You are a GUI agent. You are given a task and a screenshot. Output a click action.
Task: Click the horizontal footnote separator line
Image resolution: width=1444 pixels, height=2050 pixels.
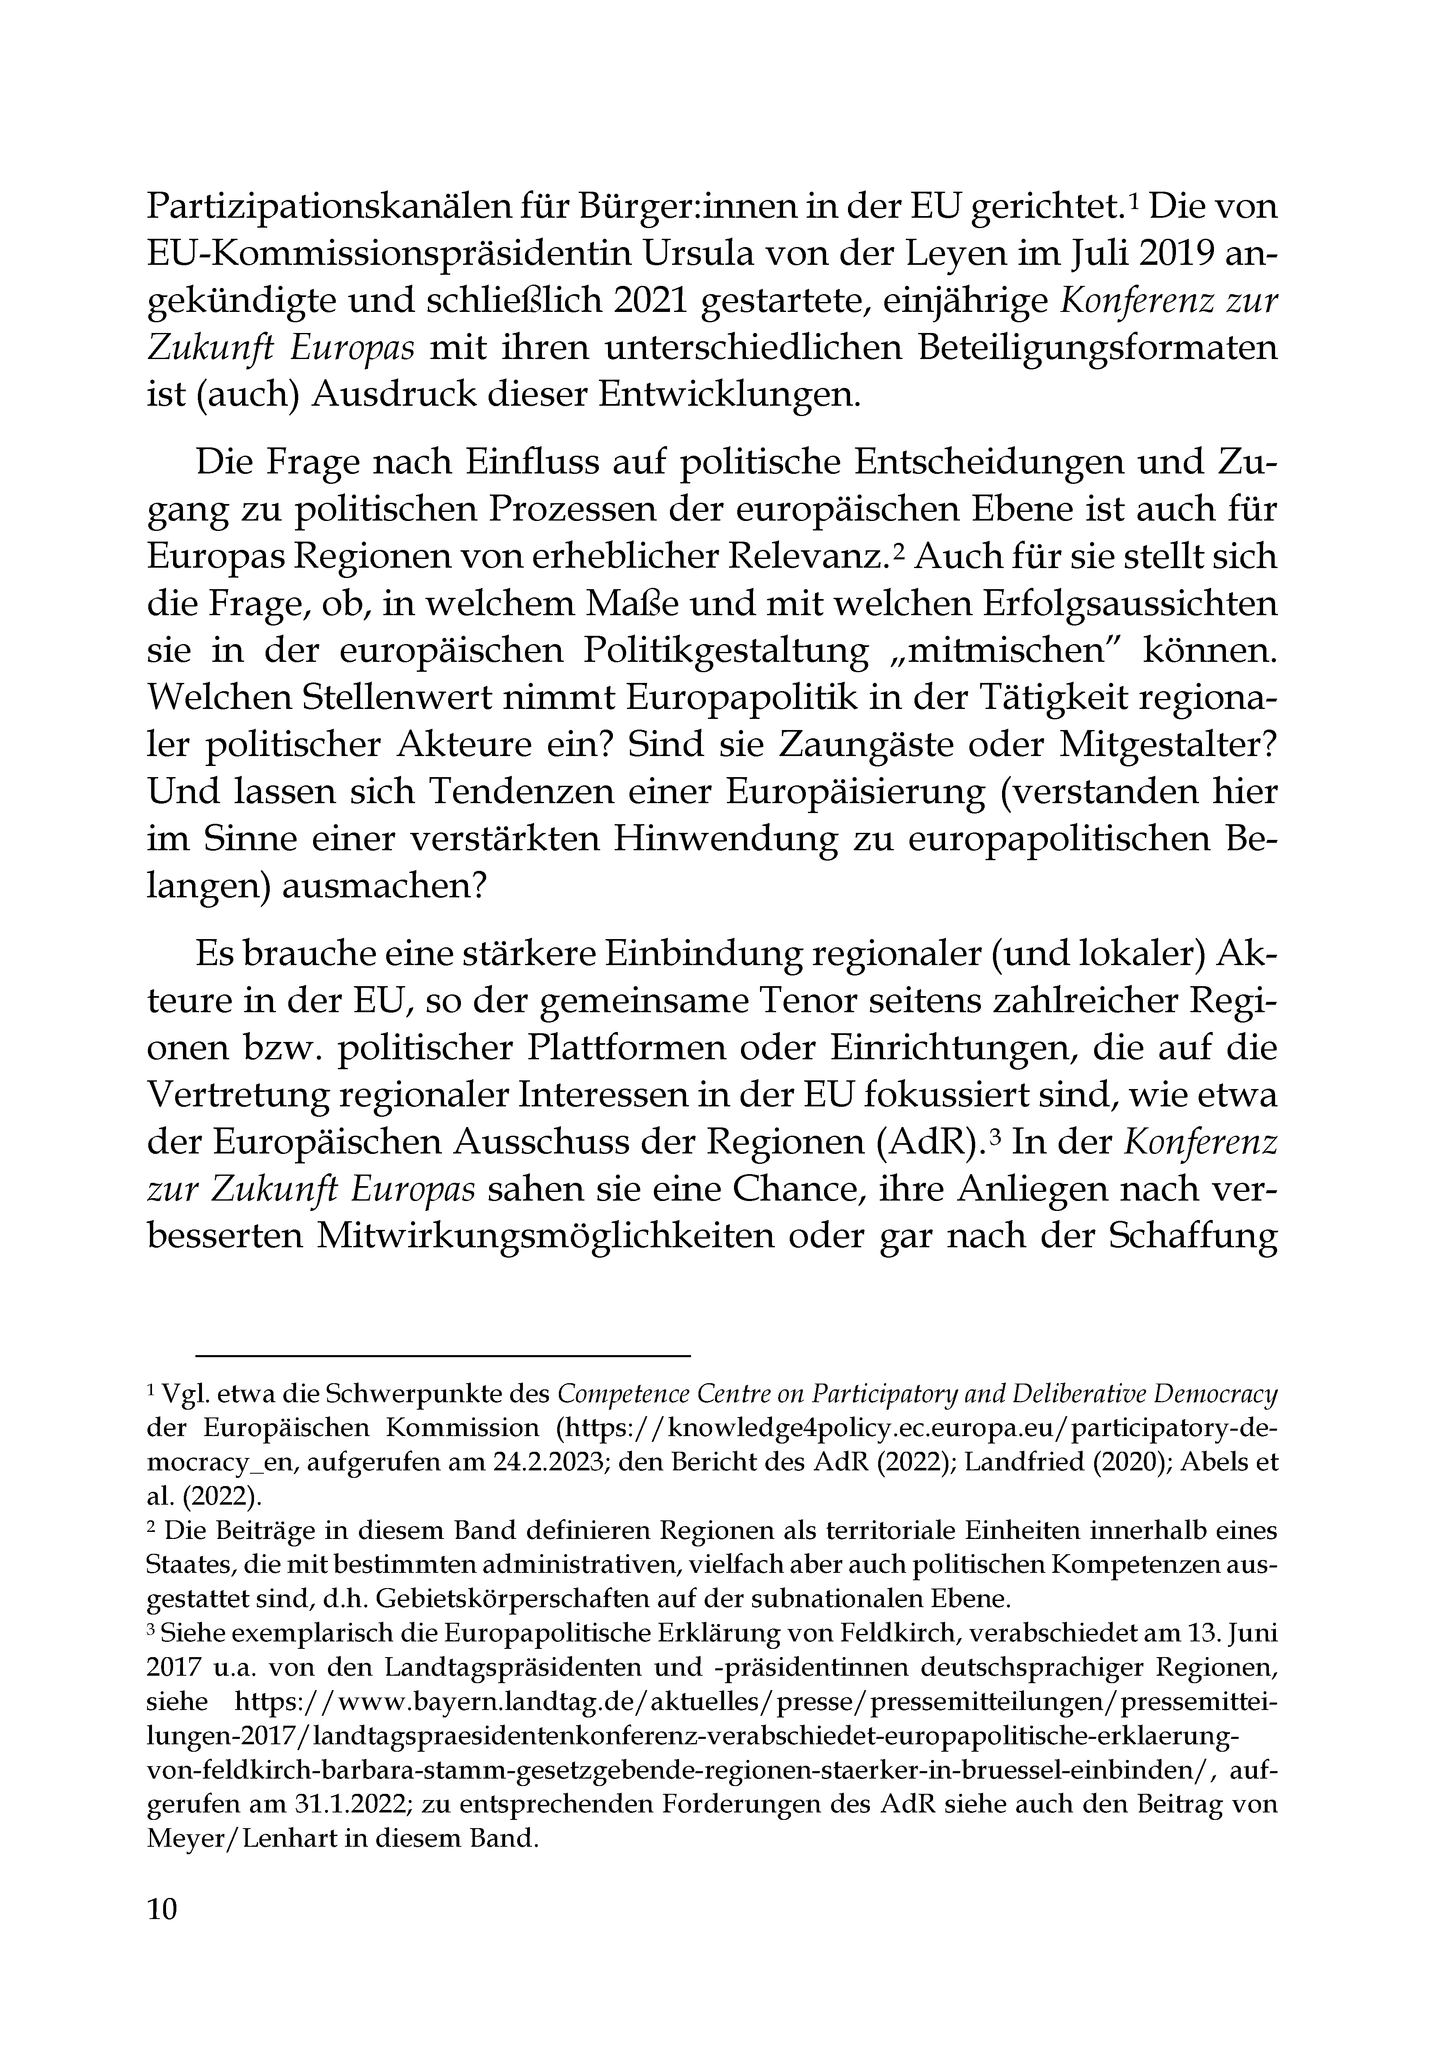click(x=444, y=1356)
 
